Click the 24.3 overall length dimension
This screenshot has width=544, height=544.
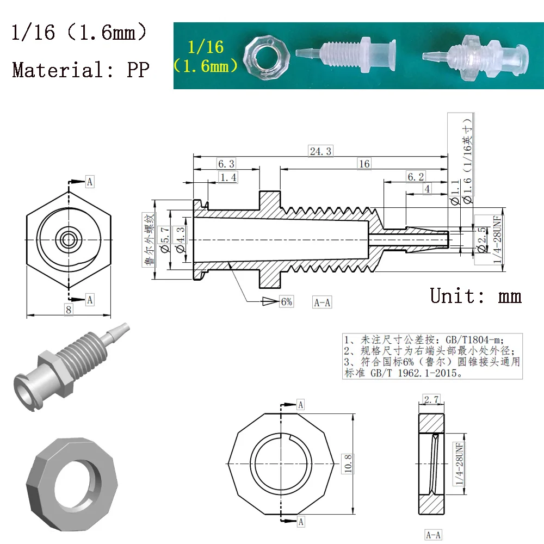[x=320, y=151]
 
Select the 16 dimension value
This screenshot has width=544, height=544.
[x=363, y=164]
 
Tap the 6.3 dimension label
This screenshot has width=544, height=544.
[x=226, y=164]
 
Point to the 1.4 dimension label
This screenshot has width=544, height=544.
[x=228, y=177]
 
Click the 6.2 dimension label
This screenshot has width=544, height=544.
[x=415, y=176]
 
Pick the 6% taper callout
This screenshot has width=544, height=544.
[x=286, y=301]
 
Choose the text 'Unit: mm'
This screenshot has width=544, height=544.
[x=475, y=295]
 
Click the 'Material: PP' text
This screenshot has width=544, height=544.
[x=80, y=70]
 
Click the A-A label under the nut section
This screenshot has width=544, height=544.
[x=433, y=535]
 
